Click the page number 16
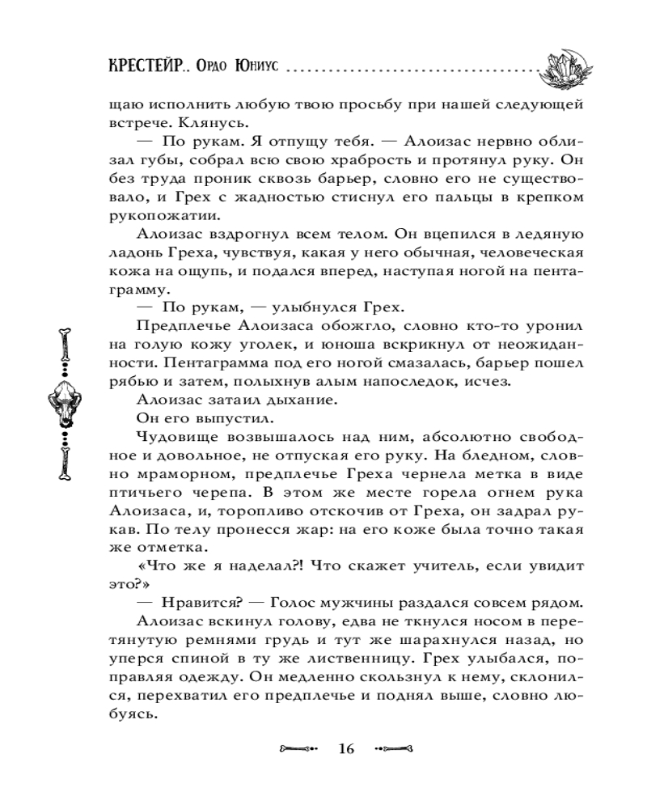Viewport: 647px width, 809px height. pyautogui.click(x=347, y=748)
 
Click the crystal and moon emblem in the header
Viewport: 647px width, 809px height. pyautogui.click(x=566, y=69)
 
